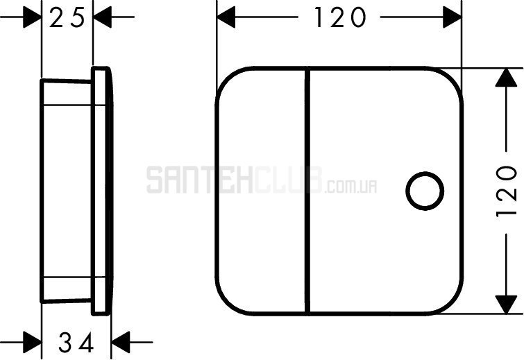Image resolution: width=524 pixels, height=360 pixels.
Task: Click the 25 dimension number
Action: pos(67,18)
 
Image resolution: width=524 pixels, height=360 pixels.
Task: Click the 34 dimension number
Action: pos(76,343)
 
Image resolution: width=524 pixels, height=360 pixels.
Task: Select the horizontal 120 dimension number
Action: pos(339,18)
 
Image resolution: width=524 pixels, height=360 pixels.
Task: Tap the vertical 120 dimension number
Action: pos(506,191)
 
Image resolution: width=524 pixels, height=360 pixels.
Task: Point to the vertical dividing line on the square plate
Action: pos(307,191)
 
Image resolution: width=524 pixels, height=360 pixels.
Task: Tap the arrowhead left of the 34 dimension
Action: pos(33,342)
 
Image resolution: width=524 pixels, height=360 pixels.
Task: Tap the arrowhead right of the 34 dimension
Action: pos(120,342)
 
